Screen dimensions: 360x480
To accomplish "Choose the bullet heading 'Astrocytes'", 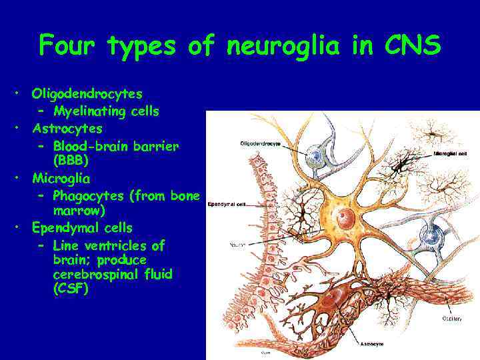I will click(67, 128).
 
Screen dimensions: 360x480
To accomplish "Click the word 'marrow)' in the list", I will click(79, 212).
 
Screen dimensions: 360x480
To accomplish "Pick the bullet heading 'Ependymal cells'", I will click(83, 229).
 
